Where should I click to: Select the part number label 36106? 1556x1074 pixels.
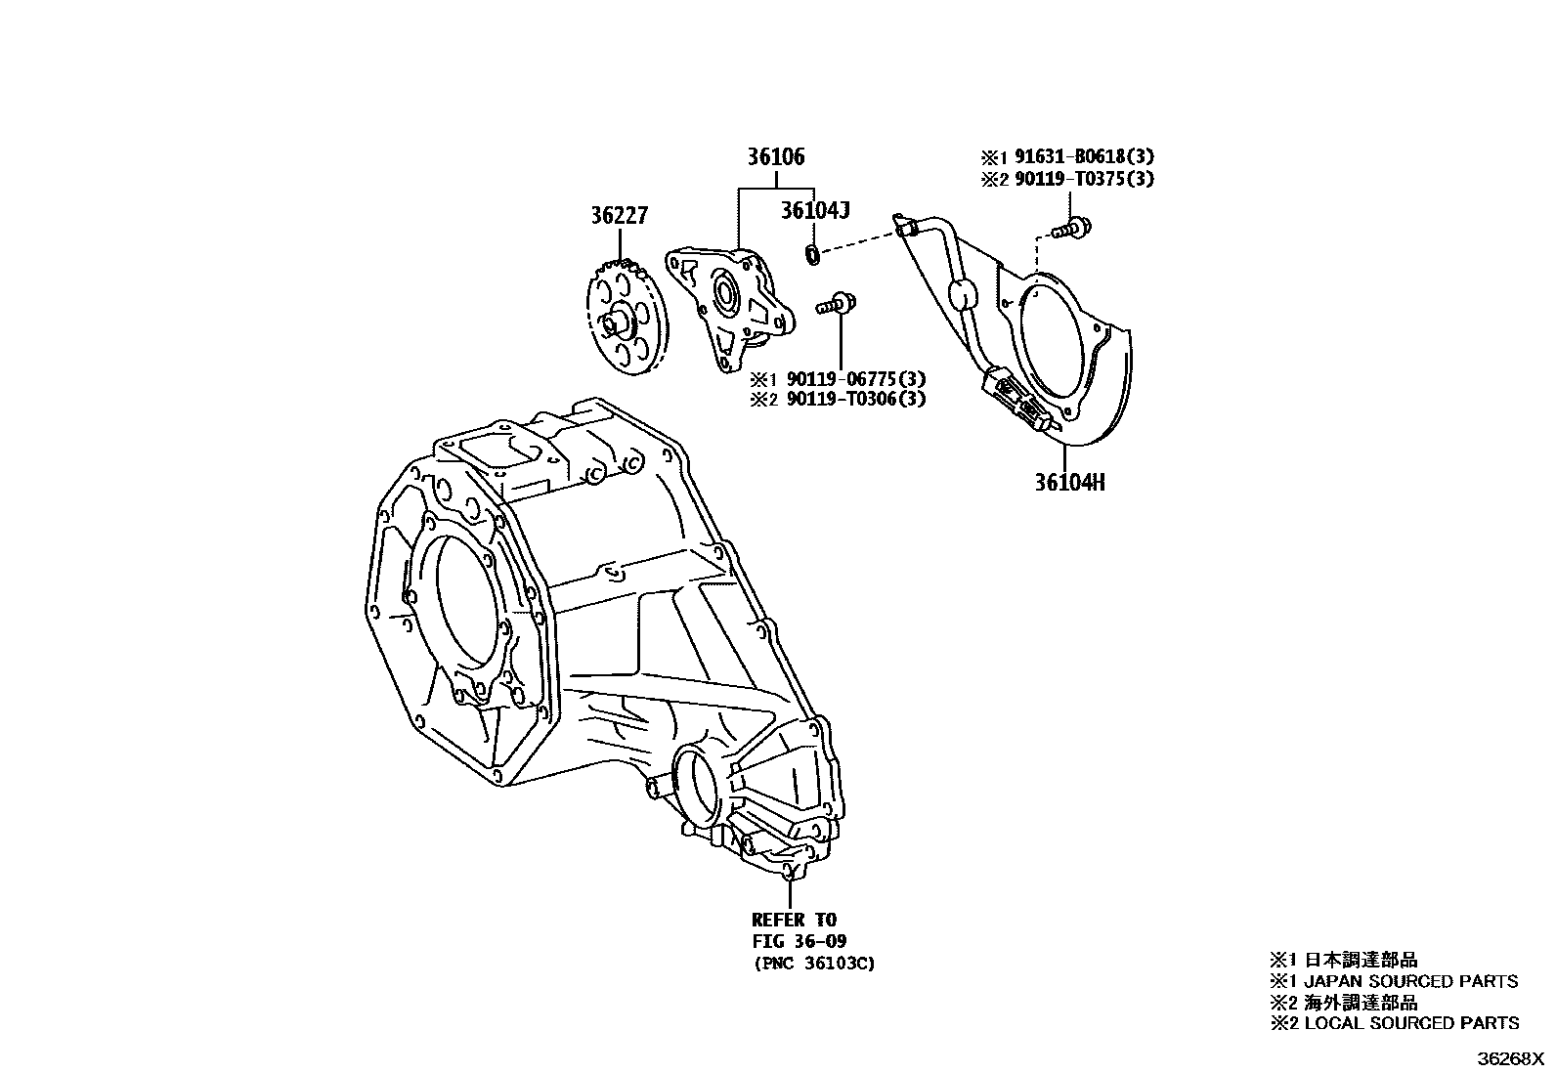pos(777,157)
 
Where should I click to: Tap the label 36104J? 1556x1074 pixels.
pos(815,210)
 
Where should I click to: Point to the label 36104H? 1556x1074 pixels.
pos(1070,483)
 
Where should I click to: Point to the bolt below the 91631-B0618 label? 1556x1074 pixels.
pos(1072,229)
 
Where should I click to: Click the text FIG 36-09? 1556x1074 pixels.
pos(799,941)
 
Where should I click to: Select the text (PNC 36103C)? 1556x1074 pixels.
pos(813,964)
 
